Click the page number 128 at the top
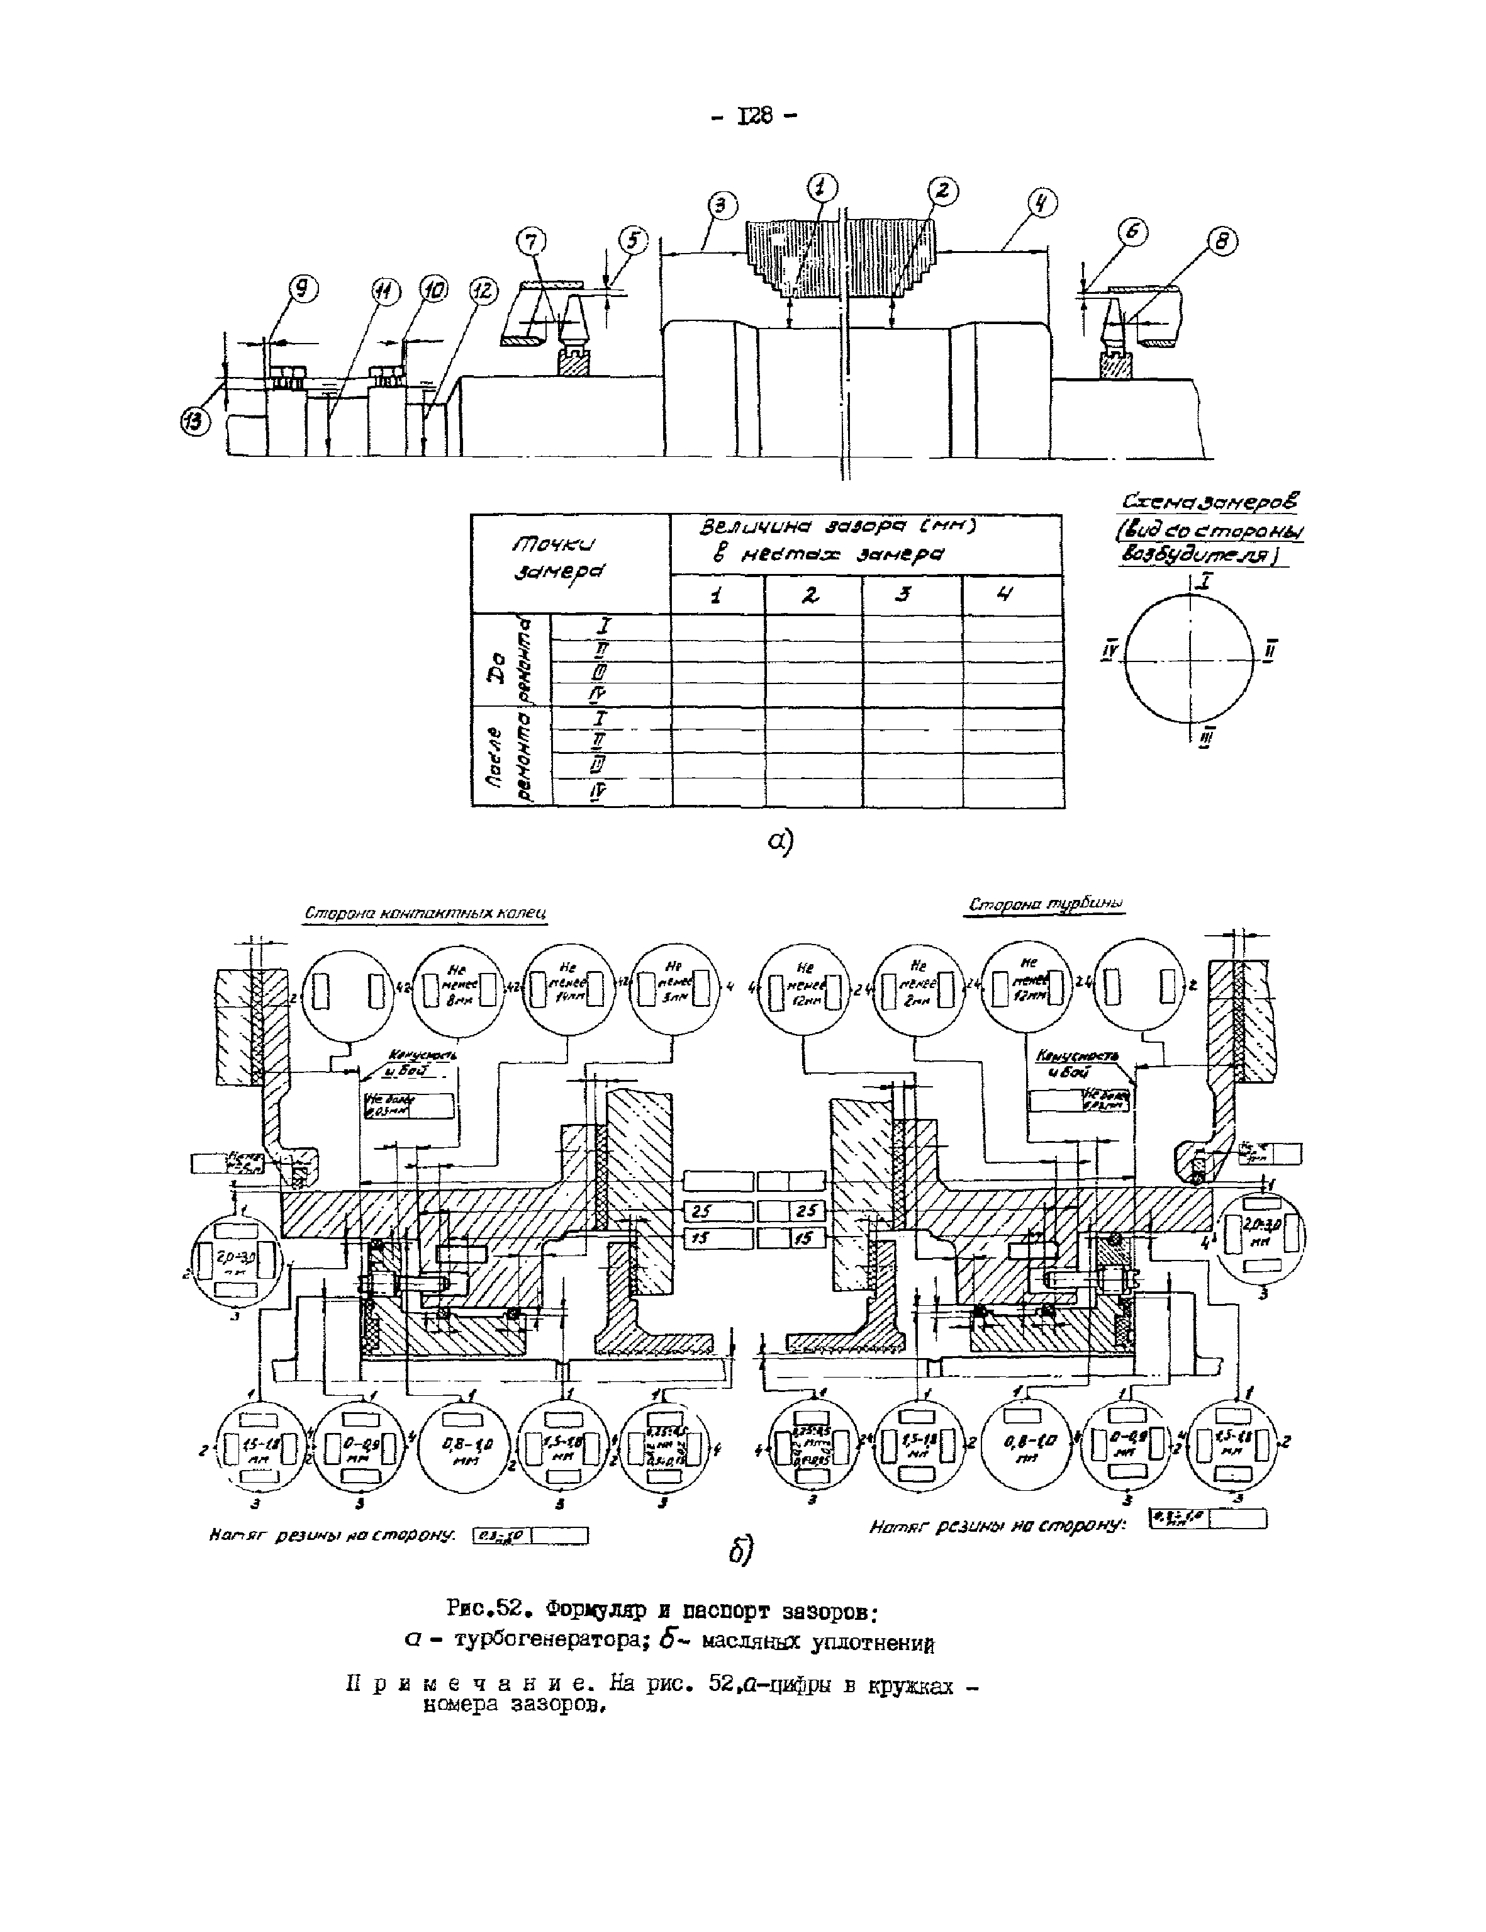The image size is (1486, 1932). pos(754,116)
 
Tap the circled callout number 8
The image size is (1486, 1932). pos(1222,240)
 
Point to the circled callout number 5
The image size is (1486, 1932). pos(632,240)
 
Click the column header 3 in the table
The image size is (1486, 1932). pos(904,596)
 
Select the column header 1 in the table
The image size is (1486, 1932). pos(715,596)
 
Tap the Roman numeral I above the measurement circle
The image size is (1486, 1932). pos(1207,581)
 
